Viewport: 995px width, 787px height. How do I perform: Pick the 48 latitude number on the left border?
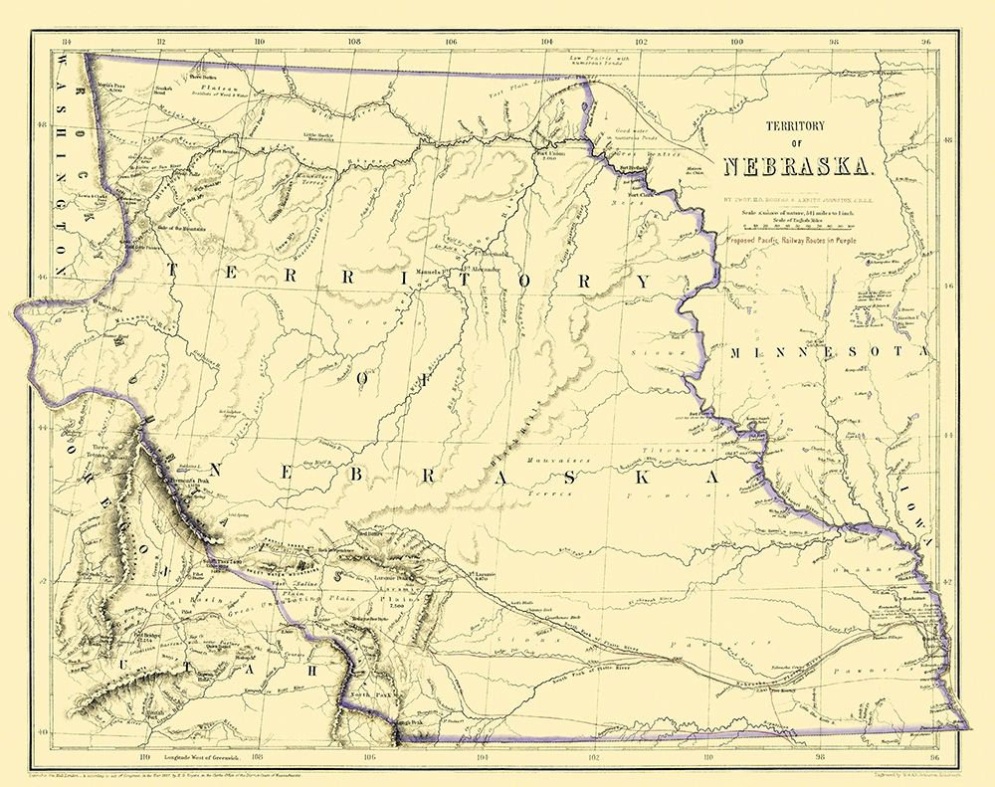pyautogui.click(x=40, y=125)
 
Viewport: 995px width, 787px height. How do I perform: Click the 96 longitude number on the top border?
pyautogui.click(x=925, y=42)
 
